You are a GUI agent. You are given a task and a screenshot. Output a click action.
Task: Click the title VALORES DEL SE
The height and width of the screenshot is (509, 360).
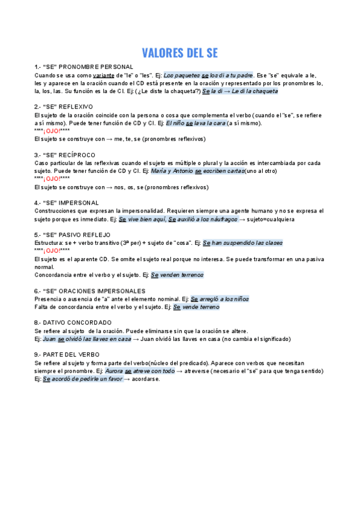179,53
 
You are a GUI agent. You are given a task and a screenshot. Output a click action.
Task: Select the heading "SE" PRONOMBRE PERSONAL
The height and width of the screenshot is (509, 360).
84,67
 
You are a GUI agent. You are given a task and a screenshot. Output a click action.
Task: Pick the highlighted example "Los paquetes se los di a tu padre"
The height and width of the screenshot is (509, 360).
209,75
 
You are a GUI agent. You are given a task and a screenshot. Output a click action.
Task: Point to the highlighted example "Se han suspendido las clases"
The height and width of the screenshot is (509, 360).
242,243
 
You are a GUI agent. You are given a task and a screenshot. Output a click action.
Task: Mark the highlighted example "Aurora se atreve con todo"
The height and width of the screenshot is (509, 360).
140,371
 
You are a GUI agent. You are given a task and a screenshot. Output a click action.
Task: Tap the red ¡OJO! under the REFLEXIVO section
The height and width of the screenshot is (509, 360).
52,131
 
